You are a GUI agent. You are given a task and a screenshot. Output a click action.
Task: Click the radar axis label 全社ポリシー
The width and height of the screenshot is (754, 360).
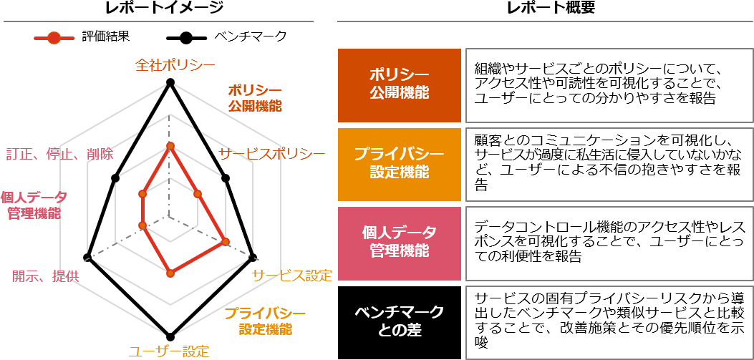pos(175,65)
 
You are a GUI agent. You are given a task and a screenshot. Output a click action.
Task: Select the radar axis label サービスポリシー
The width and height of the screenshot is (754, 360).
pos(271,154)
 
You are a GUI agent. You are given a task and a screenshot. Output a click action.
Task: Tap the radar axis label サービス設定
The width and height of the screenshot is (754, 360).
pos(291,276)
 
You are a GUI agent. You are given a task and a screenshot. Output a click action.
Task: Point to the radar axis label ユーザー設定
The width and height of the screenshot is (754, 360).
pos(169,351)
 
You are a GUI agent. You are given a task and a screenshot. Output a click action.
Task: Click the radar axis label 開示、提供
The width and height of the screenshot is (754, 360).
pos(46,277)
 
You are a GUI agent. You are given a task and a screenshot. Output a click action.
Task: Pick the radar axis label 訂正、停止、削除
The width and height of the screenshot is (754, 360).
pos(59,155)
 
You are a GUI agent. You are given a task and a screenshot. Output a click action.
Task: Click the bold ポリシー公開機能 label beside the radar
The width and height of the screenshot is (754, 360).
pos(255,98)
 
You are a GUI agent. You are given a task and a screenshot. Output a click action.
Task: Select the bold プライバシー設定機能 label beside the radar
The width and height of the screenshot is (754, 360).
pos(265,321)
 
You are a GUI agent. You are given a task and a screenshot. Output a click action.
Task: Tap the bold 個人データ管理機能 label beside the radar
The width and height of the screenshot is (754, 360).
pos(34,205)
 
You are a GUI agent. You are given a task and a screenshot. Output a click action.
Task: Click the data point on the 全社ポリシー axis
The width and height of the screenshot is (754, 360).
pos(170,147)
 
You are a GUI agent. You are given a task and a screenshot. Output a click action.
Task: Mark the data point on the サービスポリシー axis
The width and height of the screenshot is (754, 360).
pos(198,194)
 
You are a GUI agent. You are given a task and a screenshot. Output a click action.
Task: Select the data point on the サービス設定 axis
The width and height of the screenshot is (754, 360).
pos(225,242)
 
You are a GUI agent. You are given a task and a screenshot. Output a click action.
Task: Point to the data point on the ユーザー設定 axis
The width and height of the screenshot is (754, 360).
pos(170,273)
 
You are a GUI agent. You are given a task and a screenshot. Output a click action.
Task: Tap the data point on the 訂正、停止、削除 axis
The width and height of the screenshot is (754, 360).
pos(142,194)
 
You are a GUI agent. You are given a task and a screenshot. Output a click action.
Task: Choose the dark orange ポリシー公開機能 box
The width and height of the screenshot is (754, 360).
pos(400,85)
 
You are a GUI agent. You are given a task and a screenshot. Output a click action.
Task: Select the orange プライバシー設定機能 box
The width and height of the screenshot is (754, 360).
pos(400,164)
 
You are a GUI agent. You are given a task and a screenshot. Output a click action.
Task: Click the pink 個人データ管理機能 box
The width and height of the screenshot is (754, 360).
pos(400,243)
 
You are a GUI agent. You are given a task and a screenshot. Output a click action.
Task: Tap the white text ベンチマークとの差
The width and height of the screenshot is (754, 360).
pos(400,321)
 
